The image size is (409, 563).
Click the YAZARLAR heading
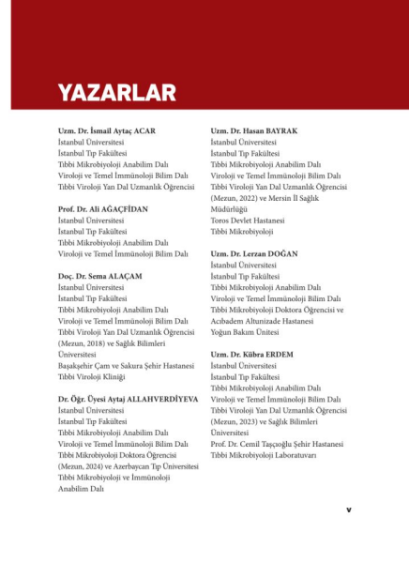tap(117, 92)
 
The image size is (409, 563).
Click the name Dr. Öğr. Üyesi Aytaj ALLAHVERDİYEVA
tap(129, 399)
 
